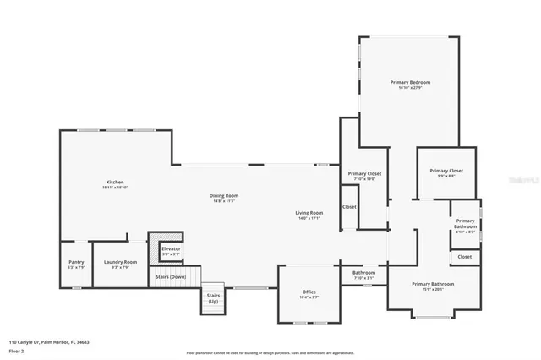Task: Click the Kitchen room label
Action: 115,183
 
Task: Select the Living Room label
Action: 309,212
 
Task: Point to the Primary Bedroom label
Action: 410,82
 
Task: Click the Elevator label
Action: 171,249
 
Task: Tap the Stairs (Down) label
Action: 171,277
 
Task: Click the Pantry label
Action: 76,263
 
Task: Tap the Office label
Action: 309,292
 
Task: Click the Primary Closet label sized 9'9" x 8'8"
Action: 445,171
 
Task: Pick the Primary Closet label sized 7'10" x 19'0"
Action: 364,174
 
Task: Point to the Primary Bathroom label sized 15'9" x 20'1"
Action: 432,284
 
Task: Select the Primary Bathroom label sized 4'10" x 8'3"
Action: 466,223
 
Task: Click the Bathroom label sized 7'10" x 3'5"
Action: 363,273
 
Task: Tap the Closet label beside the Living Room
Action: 349,207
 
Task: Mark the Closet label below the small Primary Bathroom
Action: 465,256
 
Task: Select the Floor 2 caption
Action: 16,350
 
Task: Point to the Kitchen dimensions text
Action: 115,188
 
